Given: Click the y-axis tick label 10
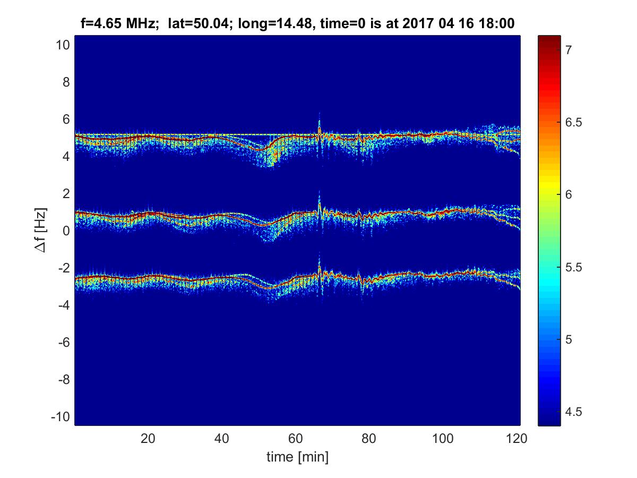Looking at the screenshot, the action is (x=63, y=45).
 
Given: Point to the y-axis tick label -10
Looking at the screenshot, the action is (x=60, y=417).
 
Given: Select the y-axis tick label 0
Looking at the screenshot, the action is (x=66, y=231).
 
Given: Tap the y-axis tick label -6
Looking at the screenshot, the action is (x=64, y=343).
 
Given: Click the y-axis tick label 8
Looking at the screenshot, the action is (x=66, y=82).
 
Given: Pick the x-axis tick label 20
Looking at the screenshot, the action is (x=148, y=438).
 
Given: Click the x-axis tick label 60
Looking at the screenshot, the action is (x=296, y=438).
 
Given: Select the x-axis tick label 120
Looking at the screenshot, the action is (x=517, y=438).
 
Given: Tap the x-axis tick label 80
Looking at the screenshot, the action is (x=369, y=438).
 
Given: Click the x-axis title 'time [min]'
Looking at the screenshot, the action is (x=297, y=457).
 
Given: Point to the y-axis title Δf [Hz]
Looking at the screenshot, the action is (x=40, y=230).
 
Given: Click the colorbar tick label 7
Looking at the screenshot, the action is (x=568, y=50).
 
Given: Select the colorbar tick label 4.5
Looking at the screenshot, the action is (x=573, y=412).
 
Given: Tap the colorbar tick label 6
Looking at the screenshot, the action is (x=568, y=194).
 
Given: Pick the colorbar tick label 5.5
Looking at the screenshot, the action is (x=573, y=267).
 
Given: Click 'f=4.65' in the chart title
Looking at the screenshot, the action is (x=101, y=23).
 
